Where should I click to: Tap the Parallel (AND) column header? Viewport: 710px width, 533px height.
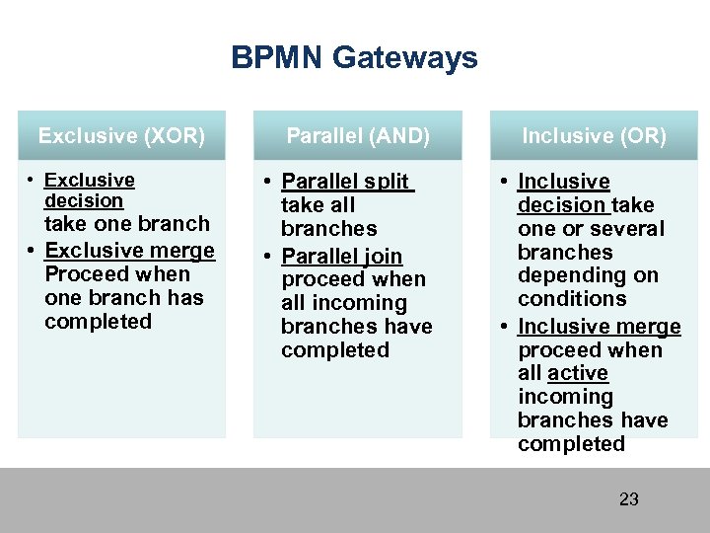click(358, 136)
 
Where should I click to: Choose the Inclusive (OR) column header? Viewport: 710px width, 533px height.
click(594, 136)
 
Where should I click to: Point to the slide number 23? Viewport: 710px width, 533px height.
click(628, 498)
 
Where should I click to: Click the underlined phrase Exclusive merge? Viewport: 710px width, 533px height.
click(130, 250)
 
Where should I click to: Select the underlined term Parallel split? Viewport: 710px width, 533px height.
click(346, 182)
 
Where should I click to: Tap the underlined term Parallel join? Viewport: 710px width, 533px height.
click(341, 257)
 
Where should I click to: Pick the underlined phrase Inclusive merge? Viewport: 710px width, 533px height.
click(599, 327)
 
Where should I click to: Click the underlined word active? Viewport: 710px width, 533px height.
click(578, 373)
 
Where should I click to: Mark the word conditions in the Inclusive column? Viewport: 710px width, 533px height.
click(572, 299)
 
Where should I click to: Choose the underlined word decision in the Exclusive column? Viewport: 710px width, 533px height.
click(84, 200)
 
